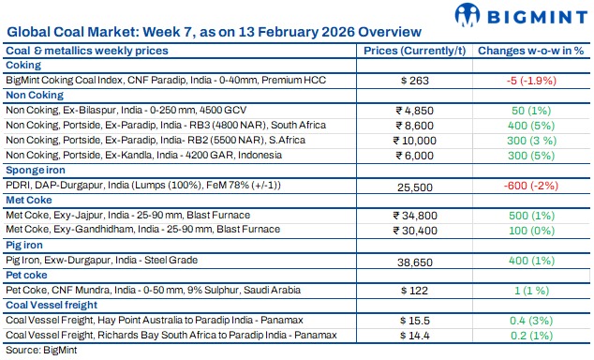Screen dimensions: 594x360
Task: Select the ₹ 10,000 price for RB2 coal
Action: pos(413,142)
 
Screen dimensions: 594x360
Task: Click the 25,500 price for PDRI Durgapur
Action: pos(413,187)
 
